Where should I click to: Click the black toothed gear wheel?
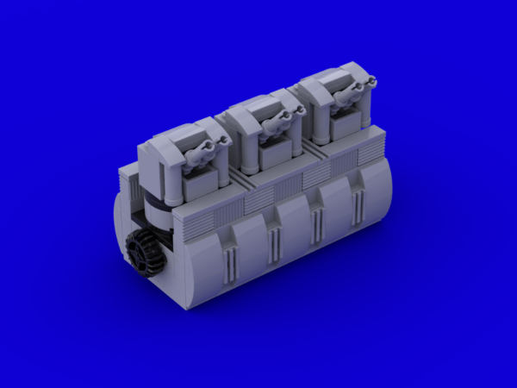click(145, 250)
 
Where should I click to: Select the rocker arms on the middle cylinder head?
click(276, 128)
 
